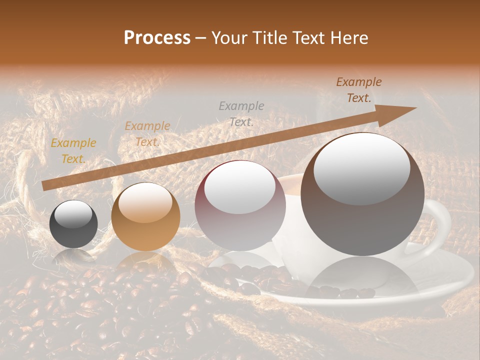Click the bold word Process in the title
coord(157,38)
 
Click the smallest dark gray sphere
coord(73,224)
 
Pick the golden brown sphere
coord(145,216)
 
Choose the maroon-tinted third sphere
coord(240,206)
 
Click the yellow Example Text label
coord(73,151)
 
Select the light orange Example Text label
coord(147,134)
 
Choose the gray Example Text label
coord(241,113)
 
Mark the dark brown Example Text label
coord(358,90)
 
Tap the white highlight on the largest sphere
coord(361,167)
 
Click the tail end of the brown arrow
coord(45,185)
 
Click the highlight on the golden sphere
coord(146,203)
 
